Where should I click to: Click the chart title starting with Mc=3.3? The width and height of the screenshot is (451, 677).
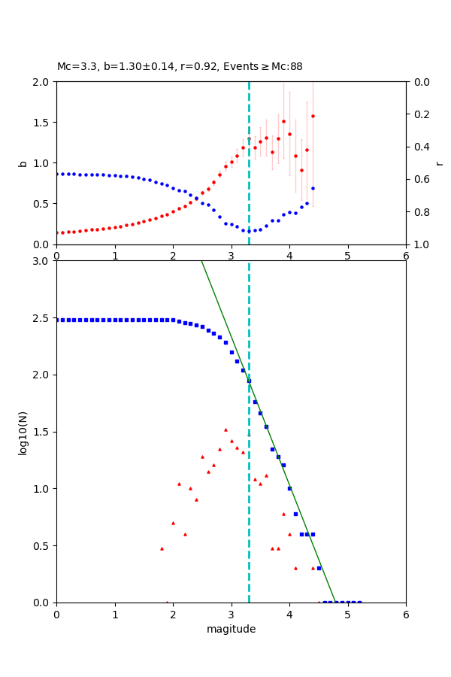coord(180,67)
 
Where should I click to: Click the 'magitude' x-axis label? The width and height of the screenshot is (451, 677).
coord(231,629)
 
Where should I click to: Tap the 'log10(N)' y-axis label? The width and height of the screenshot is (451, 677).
coord(23,432)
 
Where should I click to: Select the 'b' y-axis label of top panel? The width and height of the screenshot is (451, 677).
coord(23,163)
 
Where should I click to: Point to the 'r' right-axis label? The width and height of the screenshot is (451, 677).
coord(439,163)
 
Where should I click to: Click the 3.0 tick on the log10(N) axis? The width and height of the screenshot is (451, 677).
coord(42,261)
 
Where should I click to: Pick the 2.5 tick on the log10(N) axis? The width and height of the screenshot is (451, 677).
coord(42,318)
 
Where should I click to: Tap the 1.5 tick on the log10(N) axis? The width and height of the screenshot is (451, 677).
coord(42,432)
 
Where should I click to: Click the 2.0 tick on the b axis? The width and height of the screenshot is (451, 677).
coord(42,82)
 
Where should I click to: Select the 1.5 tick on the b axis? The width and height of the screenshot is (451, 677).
coord(42,123)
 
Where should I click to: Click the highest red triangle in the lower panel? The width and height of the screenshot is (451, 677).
coord(225,430)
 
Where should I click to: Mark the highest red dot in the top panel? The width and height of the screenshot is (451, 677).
coord(313,116)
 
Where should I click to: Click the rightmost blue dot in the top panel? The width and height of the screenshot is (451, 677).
coord(313,188)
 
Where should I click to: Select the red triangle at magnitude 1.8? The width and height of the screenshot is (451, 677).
coord(162,548)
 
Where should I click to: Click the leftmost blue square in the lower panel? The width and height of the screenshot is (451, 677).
coord(57,320)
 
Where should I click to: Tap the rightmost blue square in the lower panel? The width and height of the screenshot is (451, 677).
coord(359,602)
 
